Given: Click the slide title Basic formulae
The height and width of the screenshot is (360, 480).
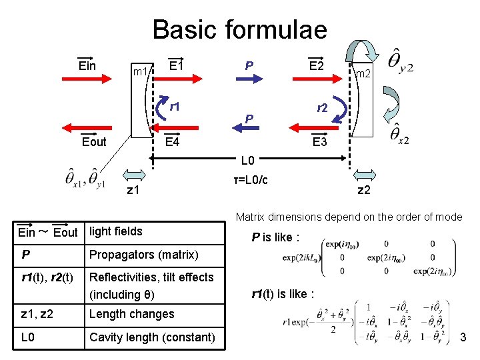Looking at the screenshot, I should pos(239,30).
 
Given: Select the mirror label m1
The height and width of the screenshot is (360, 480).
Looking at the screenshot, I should pos(141,71).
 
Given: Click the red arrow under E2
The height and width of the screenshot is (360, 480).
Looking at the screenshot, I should pos(317,79).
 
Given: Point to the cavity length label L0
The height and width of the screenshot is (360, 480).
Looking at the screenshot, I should pos(248,161).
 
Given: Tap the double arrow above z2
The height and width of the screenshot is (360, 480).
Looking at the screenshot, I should pos(364,174).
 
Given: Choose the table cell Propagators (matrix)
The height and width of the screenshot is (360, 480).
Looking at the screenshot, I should pos(143,255).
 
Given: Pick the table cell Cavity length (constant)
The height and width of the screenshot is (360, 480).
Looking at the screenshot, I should pos(152,337).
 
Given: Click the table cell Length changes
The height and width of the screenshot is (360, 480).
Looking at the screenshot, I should pos(131,314).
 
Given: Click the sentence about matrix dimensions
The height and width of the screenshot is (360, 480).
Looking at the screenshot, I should pos(349,216).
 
